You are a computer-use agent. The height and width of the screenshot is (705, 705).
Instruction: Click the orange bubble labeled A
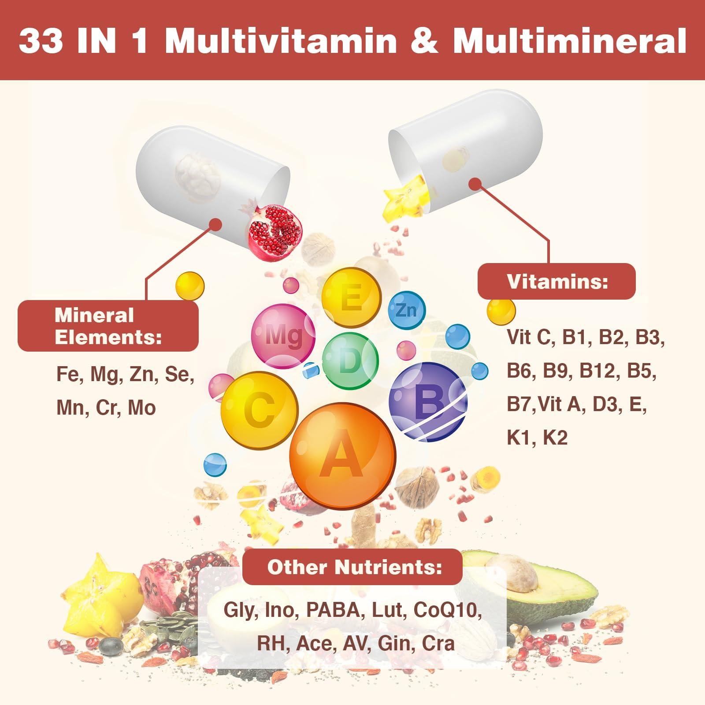(x=342, y=455)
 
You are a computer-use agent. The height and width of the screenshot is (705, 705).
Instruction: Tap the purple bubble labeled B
(x=427, y=402)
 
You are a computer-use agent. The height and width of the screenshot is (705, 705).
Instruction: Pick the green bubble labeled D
(x=350, y=360)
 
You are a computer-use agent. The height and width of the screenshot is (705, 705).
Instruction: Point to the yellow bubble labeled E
(x=351, y=297)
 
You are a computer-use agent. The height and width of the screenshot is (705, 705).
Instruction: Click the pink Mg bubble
(x=283, y=336)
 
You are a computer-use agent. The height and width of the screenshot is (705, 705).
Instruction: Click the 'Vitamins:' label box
(x=557, y=281)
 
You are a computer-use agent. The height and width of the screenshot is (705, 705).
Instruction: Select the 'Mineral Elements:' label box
(x=108, y=326)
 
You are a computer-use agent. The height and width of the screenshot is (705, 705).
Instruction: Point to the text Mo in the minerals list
(x=142, y=408)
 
